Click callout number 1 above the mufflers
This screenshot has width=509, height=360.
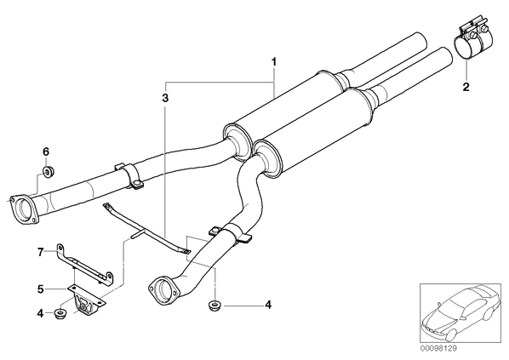(x=274, y=61)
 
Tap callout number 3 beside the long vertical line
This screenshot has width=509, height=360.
(x=166, y=98)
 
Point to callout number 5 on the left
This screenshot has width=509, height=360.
(x=40, y=289)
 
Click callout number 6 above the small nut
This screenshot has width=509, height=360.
(x=46, y=151)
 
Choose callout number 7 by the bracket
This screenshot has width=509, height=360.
(x=40, y=252)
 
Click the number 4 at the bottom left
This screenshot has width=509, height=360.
(x=40, y=314)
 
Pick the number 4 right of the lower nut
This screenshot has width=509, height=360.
(x=268, y=305)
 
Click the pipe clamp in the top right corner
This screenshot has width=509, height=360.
(x=472, y=42)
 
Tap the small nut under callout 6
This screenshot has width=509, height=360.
(x=49, y=171)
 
